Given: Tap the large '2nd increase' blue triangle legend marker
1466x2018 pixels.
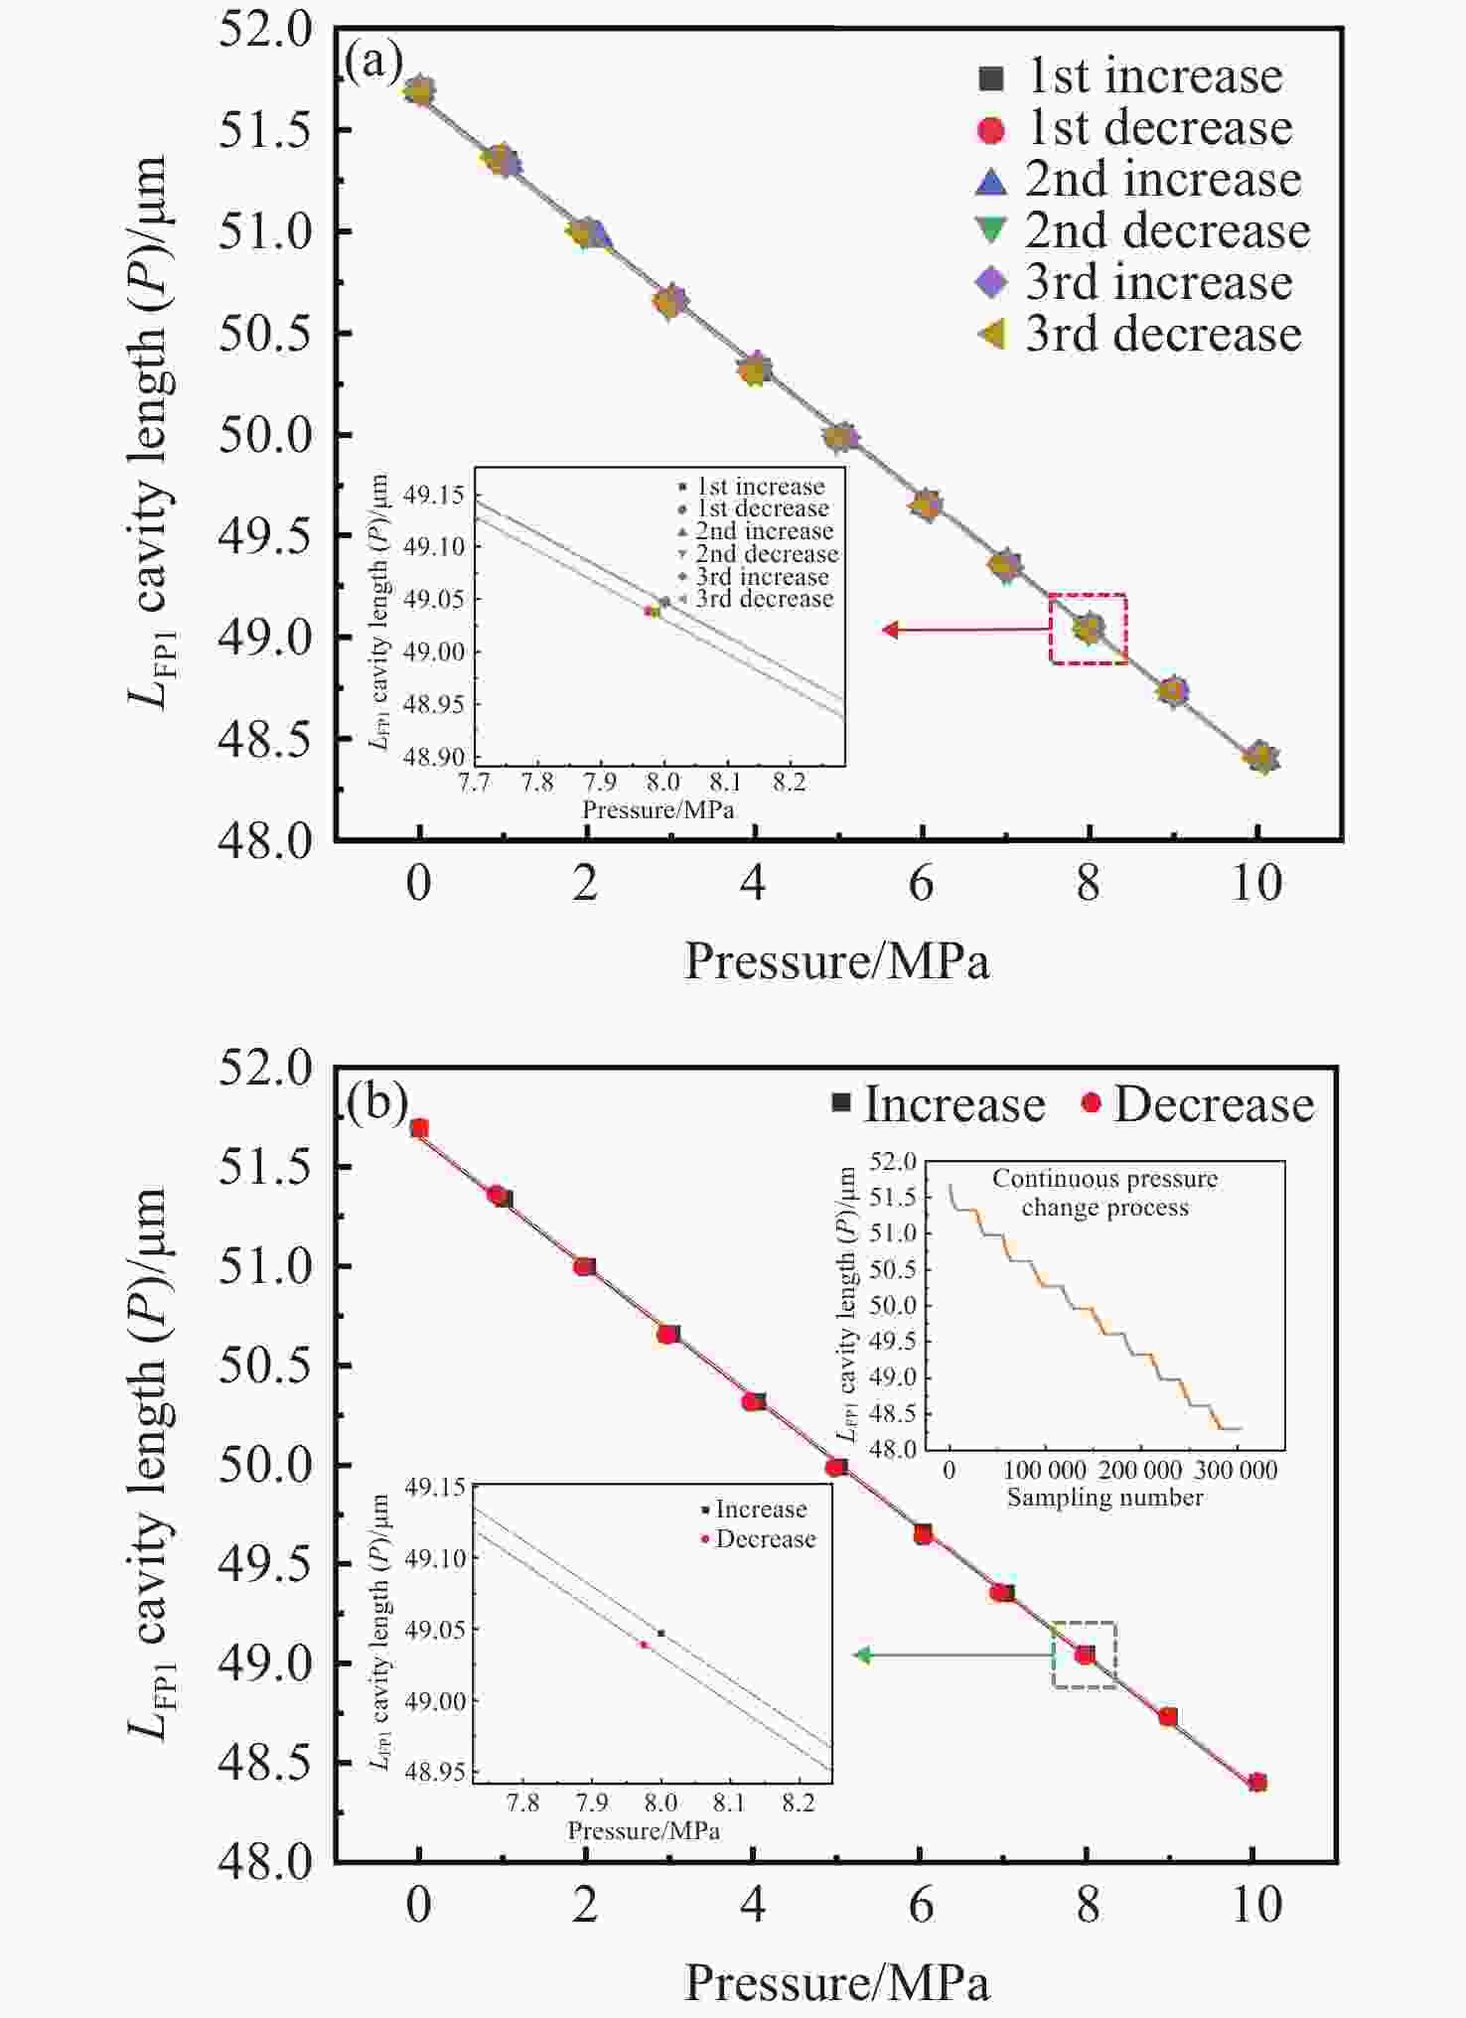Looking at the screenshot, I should pyautogui.click(x=991, y=181).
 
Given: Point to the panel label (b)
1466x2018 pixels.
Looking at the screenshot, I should pyautogui.click(x=376, y=1102).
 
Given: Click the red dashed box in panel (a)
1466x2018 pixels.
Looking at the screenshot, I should pyautogui.click(x=1089, y=629).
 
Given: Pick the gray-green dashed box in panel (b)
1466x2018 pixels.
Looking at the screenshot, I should pyautogui.click(x=1085, y=1656).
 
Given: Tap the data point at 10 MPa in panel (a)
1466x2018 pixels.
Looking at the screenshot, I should pyautogui.click(x=1261, y=758).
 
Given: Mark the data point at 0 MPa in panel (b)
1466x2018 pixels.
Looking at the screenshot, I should pyautogui.click(x=419, y=1128).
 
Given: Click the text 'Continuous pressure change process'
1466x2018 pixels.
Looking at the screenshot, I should pyautogui.click(x=1104, y=1193).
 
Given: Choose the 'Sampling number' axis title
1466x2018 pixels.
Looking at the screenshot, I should pyautogui.click(x=1104, y=1498).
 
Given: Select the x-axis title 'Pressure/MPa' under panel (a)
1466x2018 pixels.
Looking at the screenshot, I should pyautogui.click(x=836, y=961).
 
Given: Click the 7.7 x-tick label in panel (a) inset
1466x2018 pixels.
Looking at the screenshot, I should pyautogui.click(x=476, y=783).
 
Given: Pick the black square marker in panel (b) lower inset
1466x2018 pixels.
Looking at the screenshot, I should pyautogui.click(x=661, y=1633).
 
